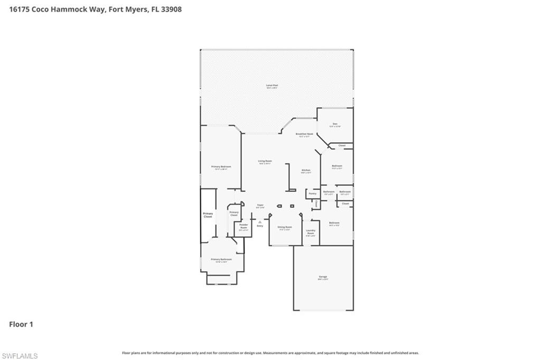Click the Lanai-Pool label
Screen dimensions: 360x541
272,86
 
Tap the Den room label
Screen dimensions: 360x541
335,125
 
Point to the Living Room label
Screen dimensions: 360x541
265,162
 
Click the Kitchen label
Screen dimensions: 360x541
306,171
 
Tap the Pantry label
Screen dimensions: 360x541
312,193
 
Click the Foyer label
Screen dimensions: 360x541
260,205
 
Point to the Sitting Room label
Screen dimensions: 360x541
285,227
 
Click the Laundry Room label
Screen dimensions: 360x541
311,232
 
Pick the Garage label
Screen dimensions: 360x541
323,277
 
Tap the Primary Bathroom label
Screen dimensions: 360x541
221,260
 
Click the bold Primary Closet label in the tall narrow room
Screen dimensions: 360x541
208,215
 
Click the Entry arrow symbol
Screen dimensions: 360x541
260,222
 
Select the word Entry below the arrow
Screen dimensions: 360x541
260,226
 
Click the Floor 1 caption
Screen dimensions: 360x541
21,324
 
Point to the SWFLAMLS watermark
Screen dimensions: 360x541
20,356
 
